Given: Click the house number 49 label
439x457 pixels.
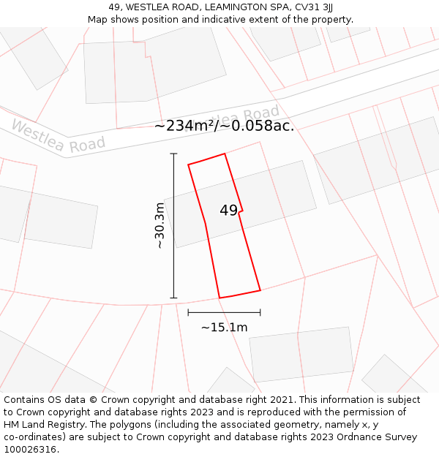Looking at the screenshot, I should pyautogui.click(x=228, y=211).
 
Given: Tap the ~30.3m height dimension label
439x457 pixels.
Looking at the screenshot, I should pyautogui.click(x=160, y=226).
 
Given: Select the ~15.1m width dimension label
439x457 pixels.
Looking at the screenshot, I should pyautogui.click(x=224, y=328).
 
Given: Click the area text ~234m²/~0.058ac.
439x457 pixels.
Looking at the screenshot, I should pyautogui.click(x=224, y=126).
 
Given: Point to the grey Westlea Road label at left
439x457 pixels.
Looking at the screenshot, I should pyautogui.click(x=58, y=137).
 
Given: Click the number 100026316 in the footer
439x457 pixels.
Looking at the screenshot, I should pyautogui.click(x=31, y=449).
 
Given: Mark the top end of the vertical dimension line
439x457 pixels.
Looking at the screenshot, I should pyautogui.click(x=173, y=154).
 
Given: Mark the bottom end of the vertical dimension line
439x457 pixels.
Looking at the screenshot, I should pyautogui.click(x=173, y=298).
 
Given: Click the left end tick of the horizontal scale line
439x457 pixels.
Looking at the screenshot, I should pyautogui.click(x=188, y=312).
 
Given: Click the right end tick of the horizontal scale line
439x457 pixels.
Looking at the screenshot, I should pyautogui.click(x=260, y=312).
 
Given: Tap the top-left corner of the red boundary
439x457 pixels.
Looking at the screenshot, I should pyautogui.click(x=189, y=165).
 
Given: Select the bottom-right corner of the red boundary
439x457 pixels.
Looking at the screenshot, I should pyautogui.click(x=260, y=290).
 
